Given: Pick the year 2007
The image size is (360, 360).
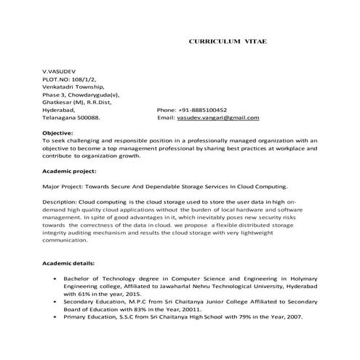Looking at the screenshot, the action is (294, 318).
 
